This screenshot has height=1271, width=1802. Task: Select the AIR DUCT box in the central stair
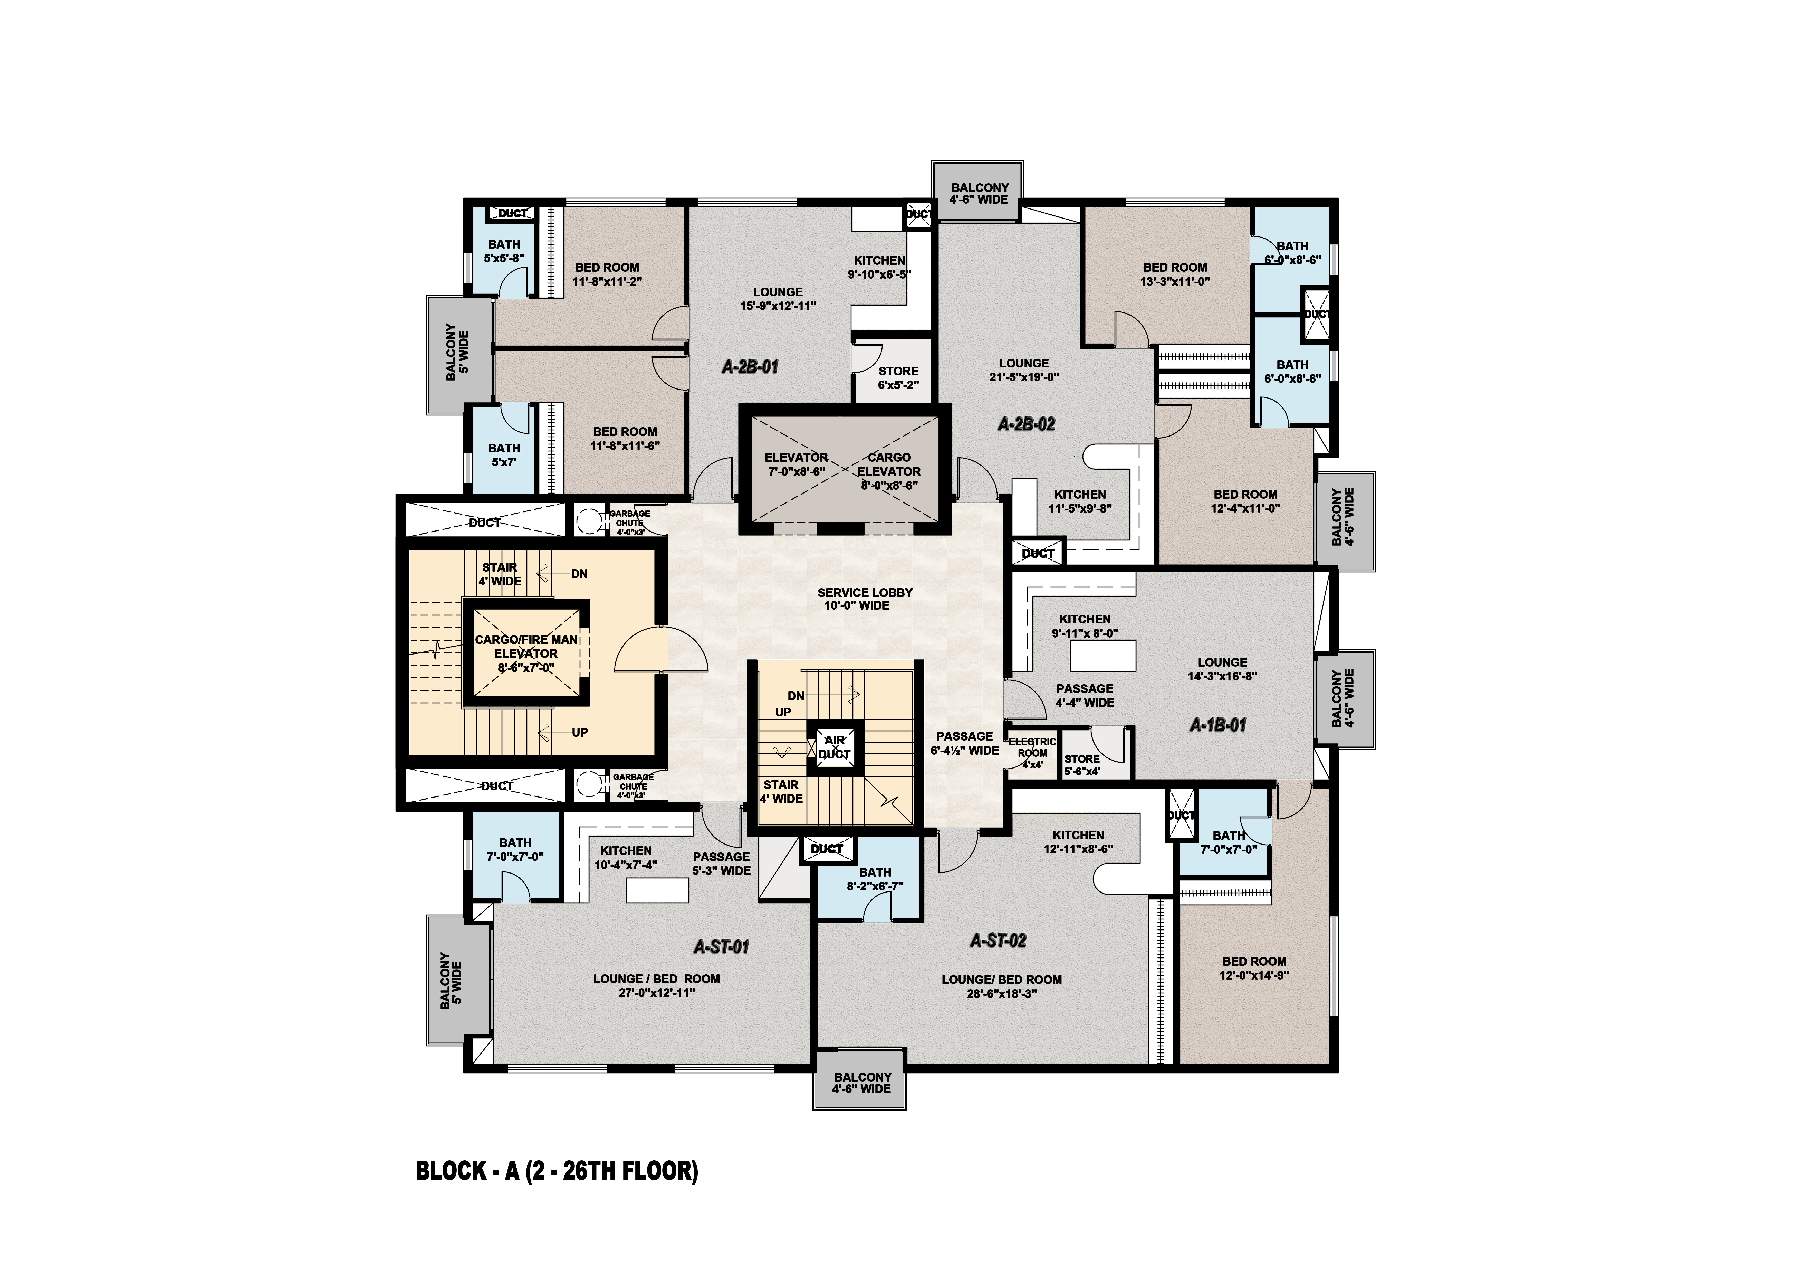pos(834,747)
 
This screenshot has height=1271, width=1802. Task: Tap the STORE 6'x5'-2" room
pos(897,377)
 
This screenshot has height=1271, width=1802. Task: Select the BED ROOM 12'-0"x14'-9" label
pos(1253,968)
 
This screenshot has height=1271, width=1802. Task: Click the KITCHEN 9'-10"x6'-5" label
pos(879,267)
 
